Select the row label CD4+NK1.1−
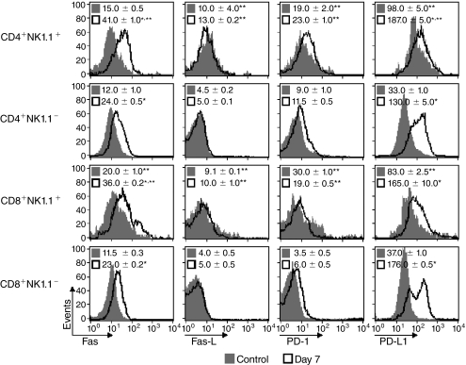(x=40, y=121)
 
